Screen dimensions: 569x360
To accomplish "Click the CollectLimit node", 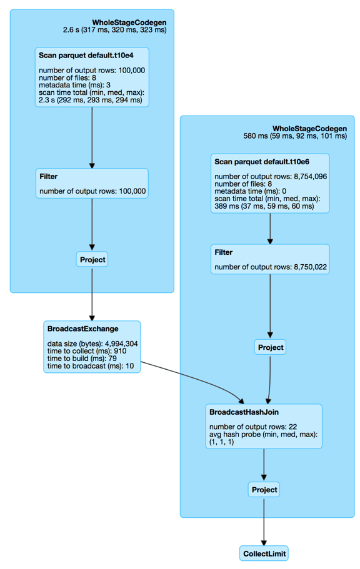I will [x=264, y=553].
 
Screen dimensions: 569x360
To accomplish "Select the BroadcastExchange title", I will [x=83, y=329].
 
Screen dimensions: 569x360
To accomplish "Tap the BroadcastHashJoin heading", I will [x=245, y=412].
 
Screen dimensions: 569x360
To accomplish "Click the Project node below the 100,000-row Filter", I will [x=92, y=259].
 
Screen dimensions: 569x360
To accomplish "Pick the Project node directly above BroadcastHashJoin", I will [x=270, y=347].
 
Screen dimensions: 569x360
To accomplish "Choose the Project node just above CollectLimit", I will [x=263, y=490].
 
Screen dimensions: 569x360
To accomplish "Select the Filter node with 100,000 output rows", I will [x=92, y=184].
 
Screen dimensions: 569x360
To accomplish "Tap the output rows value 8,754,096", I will [x=305, y=177].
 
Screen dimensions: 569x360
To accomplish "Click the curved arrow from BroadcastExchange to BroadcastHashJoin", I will [x=194, y=377].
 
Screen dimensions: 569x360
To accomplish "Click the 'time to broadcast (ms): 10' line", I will [x=90, y=366].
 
